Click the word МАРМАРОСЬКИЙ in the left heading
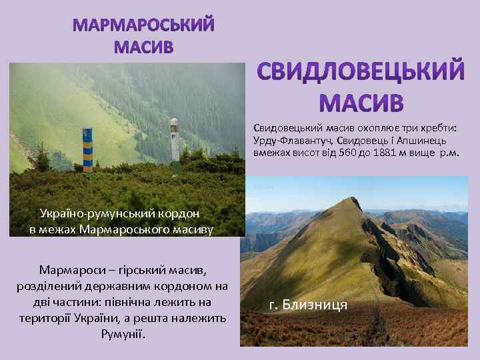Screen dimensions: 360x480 (143, 25)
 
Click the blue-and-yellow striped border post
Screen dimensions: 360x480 (87, 149)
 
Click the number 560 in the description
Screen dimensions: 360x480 (349, 153)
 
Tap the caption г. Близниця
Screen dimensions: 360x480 (307, 305)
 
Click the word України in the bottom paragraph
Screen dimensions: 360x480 (121, 319)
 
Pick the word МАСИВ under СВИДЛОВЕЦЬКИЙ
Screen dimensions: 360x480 (361, 103)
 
